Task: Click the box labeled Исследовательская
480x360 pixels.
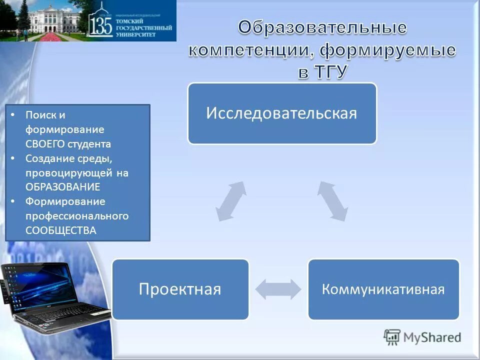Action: (x=282, y=113)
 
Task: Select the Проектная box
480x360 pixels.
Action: (x=180, y=289)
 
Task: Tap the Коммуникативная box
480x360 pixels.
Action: (x=383, y=289)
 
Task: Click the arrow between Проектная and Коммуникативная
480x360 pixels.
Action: (x=278, y=289)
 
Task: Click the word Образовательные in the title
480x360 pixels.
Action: (x=322, y=28)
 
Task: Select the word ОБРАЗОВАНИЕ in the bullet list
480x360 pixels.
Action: (x=62, y=187)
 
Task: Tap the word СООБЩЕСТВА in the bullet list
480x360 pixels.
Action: (x=60, y=230)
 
